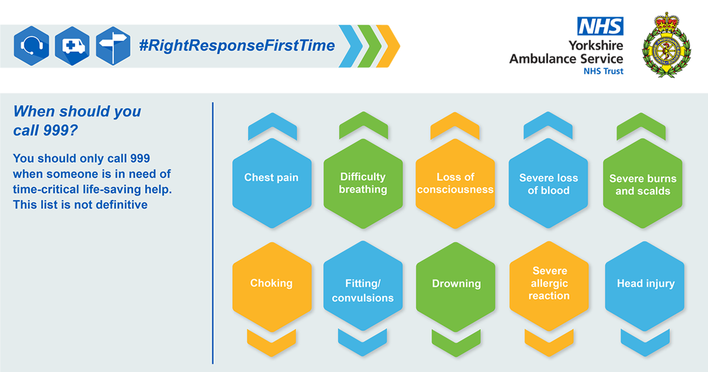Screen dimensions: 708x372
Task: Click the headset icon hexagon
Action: (32, 46)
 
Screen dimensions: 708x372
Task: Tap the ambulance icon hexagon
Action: (73, 46)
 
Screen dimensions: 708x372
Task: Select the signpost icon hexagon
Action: (113, 46)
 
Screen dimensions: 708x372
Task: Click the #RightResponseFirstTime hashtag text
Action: (237, 45)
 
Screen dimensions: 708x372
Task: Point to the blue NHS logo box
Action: (600, 26)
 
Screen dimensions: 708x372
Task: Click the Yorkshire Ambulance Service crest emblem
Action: (667, 45)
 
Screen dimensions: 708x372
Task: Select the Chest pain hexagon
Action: (272, 183)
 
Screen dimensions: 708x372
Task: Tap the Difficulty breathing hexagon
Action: (363, 184)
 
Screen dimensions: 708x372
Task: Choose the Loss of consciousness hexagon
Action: (455, 184)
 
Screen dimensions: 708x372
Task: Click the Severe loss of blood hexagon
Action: (548, 183)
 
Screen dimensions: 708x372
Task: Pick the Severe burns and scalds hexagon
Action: (643, 183)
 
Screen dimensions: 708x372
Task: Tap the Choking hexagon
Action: (272, 287)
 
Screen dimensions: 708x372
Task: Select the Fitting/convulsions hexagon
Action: (363, 286)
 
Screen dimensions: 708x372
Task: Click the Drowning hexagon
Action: (455, 287)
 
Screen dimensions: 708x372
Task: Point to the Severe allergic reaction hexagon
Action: (549, 286)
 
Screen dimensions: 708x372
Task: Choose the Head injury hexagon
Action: (644, 286)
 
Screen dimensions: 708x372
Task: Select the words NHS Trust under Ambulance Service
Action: (604, 71)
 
